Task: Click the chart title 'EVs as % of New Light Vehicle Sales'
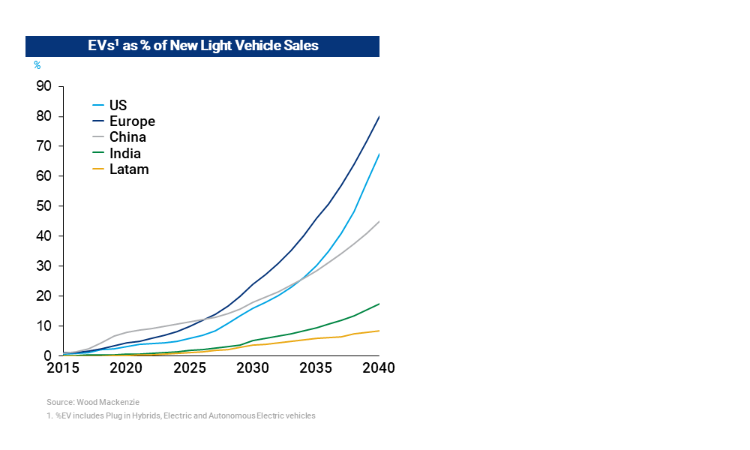tap(202, 46)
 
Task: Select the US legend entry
tap(118, 106)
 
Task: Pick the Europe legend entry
tap(131, 121)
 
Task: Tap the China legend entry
tap(127, 137)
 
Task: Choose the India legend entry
tap(125, 153)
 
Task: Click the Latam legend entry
tap(129, 169)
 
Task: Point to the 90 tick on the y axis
tap(44, 86)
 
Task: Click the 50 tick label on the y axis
tap(44, 206)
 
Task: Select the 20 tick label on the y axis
tap(44, 296)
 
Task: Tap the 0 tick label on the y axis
tap(48, 356)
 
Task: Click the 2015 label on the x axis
tap(63, 368)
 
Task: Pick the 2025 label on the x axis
tap(190, 368)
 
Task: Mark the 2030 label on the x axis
tap(253, 368)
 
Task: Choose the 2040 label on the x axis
tap(379, 368)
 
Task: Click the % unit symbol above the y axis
tap(37, 66)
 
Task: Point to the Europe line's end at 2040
tap(379, 116)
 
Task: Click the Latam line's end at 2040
tap(379, 331)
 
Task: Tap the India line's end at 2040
tap(379, 304)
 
